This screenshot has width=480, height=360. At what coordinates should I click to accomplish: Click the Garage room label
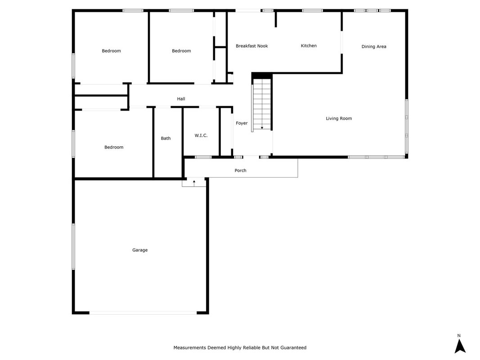(140, 250)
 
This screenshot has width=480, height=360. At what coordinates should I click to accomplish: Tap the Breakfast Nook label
(251, 46)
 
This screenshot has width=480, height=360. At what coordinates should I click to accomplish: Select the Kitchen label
(309, 45)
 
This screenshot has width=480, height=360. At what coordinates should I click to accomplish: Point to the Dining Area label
(374, 46)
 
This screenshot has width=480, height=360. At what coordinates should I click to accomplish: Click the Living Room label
(339, 118)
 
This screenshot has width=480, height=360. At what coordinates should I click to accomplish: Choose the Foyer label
(242, 123)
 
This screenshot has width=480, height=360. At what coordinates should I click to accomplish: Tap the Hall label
(181, 99)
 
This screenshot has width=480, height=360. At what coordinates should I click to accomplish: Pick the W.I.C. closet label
(201, 135)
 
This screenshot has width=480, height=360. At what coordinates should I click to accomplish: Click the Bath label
(166, 138)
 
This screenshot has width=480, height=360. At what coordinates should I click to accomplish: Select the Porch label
(240, 171)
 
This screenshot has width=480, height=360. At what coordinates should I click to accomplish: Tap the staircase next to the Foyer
(262, 104)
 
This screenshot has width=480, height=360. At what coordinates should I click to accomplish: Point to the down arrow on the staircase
(262, 128)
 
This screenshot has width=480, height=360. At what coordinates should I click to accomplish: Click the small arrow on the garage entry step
(194, 183)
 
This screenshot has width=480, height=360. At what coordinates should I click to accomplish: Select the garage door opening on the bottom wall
(143, 313)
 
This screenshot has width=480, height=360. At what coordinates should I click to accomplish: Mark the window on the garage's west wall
(73, 247)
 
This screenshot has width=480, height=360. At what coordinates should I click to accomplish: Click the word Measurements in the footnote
(190, 348)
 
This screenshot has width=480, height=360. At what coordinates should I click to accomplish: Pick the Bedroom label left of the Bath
(114, 147)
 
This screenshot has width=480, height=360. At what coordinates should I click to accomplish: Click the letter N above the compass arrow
(459, 336)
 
